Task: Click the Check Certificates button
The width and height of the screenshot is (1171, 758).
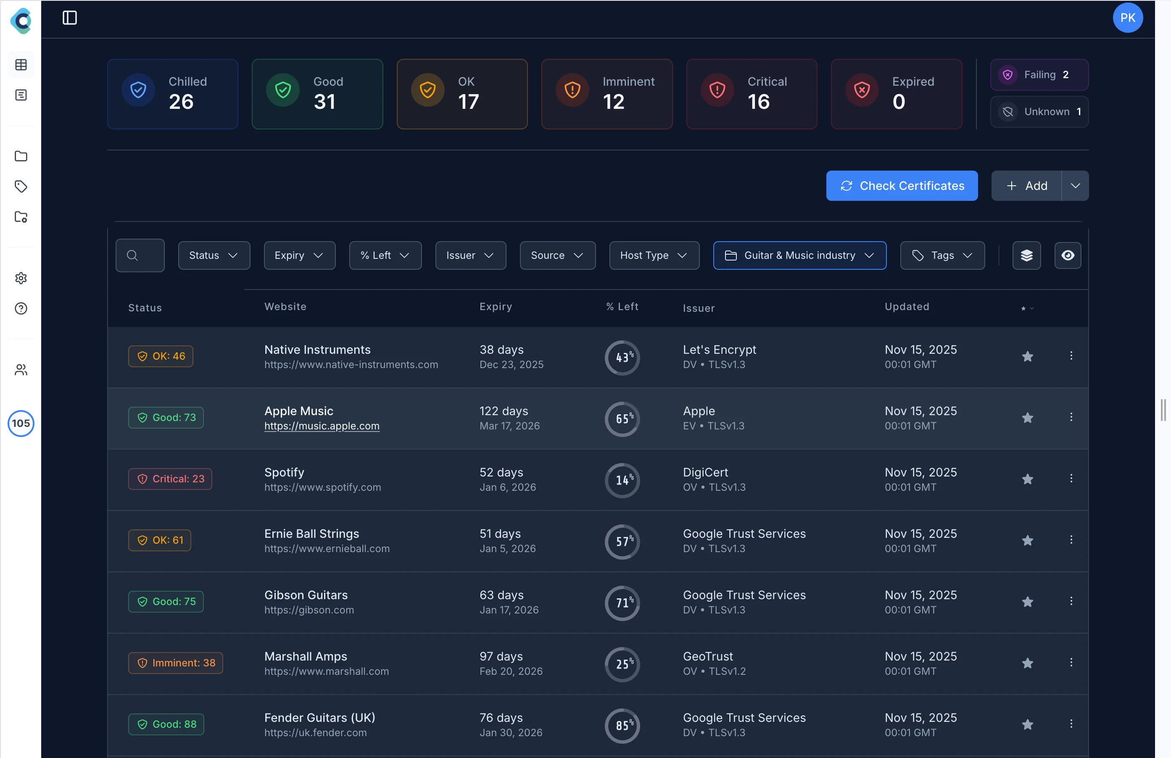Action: pos(902,186)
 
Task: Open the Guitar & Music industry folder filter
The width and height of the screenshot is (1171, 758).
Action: pos(799,255)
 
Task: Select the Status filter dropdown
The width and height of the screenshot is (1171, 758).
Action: pos(214,255)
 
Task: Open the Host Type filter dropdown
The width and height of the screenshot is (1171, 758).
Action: pos(654,255)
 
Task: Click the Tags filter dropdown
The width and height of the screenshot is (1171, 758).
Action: pos(942,255)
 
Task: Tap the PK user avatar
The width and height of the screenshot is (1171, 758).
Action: pos(1127,18)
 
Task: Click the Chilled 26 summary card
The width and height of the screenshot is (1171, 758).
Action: pos(173,94)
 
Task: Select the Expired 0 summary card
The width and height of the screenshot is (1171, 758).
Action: pos(896,94)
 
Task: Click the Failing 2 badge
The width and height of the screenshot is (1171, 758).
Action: pos(1039,75)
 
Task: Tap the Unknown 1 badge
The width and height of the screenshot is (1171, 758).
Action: pos(1039,112)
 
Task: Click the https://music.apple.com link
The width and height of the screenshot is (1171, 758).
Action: pos(322,426)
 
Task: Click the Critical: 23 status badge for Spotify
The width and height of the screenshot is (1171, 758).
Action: pos(170,479)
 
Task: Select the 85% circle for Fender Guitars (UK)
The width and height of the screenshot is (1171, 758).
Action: pos(622,725)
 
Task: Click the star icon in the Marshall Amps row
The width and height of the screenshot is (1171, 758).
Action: pos(1027,663)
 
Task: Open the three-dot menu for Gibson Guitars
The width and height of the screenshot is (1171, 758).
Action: pos(1071,601)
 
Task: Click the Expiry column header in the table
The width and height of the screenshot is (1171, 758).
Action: pos(496,306)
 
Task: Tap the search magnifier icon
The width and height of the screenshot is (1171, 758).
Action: pos(132,255)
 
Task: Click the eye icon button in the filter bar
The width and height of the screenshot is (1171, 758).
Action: pos(1067,255)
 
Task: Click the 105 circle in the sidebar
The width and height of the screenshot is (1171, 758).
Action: pos(21,423)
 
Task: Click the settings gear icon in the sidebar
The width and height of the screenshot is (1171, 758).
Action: pos(21,279)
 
